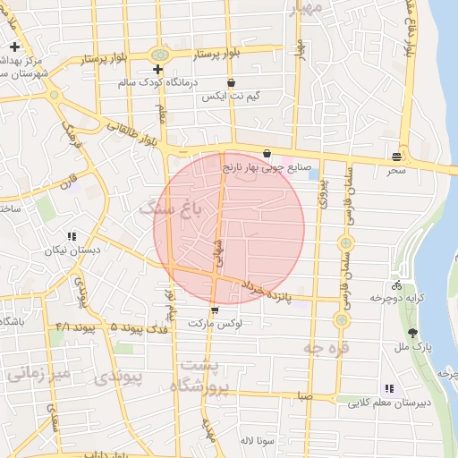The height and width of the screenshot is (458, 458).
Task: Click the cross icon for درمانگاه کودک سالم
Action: (x=158, y=69)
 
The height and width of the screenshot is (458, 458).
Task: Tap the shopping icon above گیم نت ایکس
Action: (x=231, y=81)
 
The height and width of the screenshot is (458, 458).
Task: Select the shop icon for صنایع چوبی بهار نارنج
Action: (x=267, y=153)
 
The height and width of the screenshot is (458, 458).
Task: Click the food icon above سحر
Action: (x=396, y=156)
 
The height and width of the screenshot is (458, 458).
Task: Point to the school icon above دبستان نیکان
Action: (x=71, y=237)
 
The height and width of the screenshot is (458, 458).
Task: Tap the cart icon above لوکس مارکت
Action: (x=214, y=310)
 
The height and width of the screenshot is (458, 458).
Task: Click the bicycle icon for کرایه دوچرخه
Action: (x=396, y=285)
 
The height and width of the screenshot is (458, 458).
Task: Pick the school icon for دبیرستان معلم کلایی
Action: (x=389, y=388)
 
